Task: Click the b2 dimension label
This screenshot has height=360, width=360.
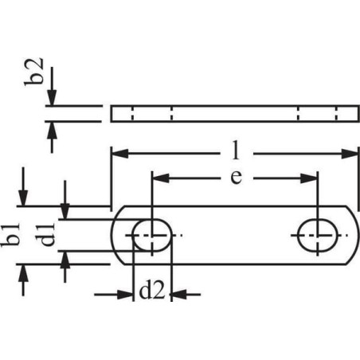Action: coord(33,72)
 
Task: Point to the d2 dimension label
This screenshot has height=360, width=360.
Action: coord(152,292)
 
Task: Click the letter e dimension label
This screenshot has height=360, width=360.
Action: coord(237,177)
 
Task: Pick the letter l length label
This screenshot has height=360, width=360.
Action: coord(236,151)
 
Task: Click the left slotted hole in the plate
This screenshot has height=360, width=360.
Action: coord(152,235)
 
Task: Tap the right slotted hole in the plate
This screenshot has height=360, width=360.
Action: coord(318,235)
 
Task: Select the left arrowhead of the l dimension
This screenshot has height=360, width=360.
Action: coord(120,154)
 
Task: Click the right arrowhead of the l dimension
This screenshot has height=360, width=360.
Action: coord(350,154)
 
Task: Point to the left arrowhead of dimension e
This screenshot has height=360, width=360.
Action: coord(161,178)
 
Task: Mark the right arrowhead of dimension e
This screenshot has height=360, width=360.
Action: coord(309,178)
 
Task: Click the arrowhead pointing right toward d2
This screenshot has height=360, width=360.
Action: coord(125,295)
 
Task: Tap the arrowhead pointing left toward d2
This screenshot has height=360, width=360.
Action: coord(180,295)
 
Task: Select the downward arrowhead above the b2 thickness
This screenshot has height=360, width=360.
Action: coord(52,98)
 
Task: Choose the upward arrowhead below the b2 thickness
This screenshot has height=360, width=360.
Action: coord(52,130)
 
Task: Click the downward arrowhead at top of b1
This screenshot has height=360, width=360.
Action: coord(23,198)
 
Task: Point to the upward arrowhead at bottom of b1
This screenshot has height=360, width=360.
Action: coord(23,272)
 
